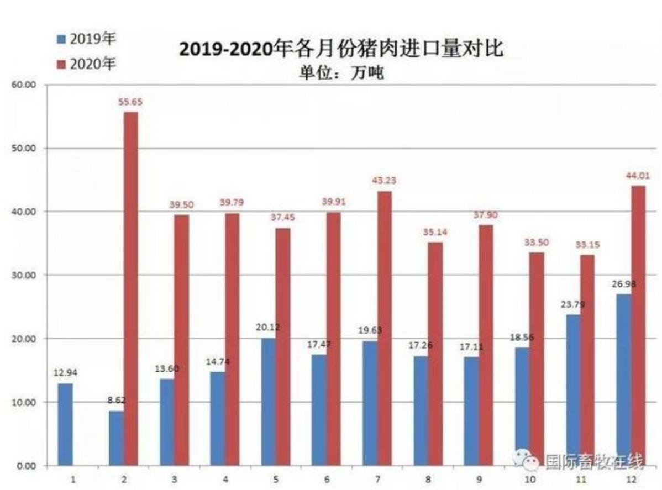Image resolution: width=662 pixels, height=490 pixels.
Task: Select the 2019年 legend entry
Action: (x=87, y=40)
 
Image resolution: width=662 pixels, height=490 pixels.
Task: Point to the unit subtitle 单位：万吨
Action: (x=341, y=73)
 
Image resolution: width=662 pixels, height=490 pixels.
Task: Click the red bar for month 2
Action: (x=131, y=287)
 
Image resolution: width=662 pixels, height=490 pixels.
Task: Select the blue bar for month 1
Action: (x=65, y=424)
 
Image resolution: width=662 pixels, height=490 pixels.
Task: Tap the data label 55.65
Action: (x=131, y=102)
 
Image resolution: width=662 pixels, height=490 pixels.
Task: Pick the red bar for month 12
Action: (x=638, y=326)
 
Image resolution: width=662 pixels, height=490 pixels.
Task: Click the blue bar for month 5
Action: (x=269, y=402)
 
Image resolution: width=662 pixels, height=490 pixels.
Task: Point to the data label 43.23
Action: (x=385, y=181)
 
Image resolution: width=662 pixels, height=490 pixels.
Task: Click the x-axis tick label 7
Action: (x=377, y=480)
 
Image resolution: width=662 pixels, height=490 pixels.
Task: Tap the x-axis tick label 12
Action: (x=631, y=480)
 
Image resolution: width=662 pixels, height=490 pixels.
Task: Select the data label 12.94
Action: (x=65, y=373)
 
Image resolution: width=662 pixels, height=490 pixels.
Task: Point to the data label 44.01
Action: (x=638, y=176)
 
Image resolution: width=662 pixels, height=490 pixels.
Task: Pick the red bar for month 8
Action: (x=435, y=354)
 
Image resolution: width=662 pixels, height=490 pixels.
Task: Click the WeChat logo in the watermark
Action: (x=527, y=458)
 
